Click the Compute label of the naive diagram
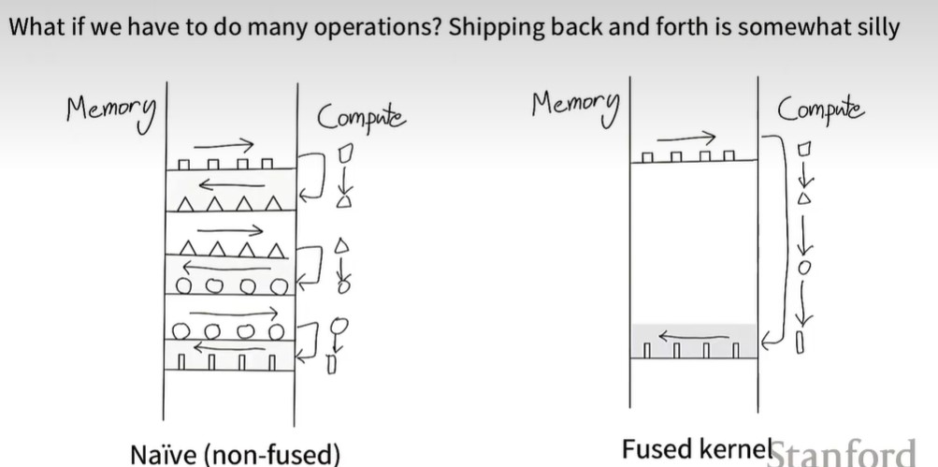[361, 118]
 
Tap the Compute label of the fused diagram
[820, 110]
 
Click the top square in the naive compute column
[343, 151]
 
